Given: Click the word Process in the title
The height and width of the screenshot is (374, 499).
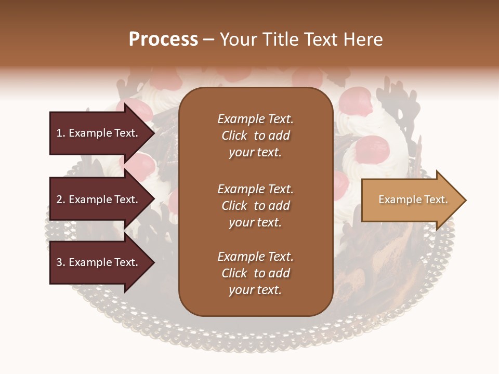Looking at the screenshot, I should point(163,39).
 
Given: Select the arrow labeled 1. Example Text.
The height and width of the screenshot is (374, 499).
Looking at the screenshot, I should point(97,133).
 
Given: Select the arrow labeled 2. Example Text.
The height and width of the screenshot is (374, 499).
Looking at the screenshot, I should point(97,199).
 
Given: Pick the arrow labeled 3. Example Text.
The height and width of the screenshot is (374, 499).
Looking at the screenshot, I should point(97,262).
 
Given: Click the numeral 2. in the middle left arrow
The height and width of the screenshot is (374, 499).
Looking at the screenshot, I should point(61,199).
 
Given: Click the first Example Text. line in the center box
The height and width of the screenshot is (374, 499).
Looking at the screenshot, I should point(255,119).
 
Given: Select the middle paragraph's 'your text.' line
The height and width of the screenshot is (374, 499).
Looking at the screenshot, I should point(255,222).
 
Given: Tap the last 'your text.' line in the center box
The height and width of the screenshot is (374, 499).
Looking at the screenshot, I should point(255,290).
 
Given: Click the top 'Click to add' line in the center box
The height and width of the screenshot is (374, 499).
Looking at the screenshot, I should point(255,136).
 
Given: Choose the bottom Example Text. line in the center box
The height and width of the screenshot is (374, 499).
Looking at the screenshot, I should point(255,257).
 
